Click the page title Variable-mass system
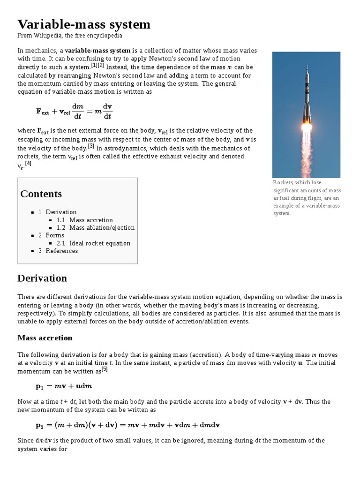(84, 24)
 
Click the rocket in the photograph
(307, 96)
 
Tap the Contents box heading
(41, 194)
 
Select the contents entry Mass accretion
(91, 220)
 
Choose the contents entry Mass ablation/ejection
(102, 228)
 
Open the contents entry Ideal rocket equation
(100, 243)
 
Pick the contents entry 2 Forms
(51, 235)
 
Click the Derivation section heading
(42, 278)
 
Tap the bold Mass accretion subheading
(45, 338)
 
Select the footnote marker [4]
(28, 164)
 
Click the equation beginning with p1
(64, 386)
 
